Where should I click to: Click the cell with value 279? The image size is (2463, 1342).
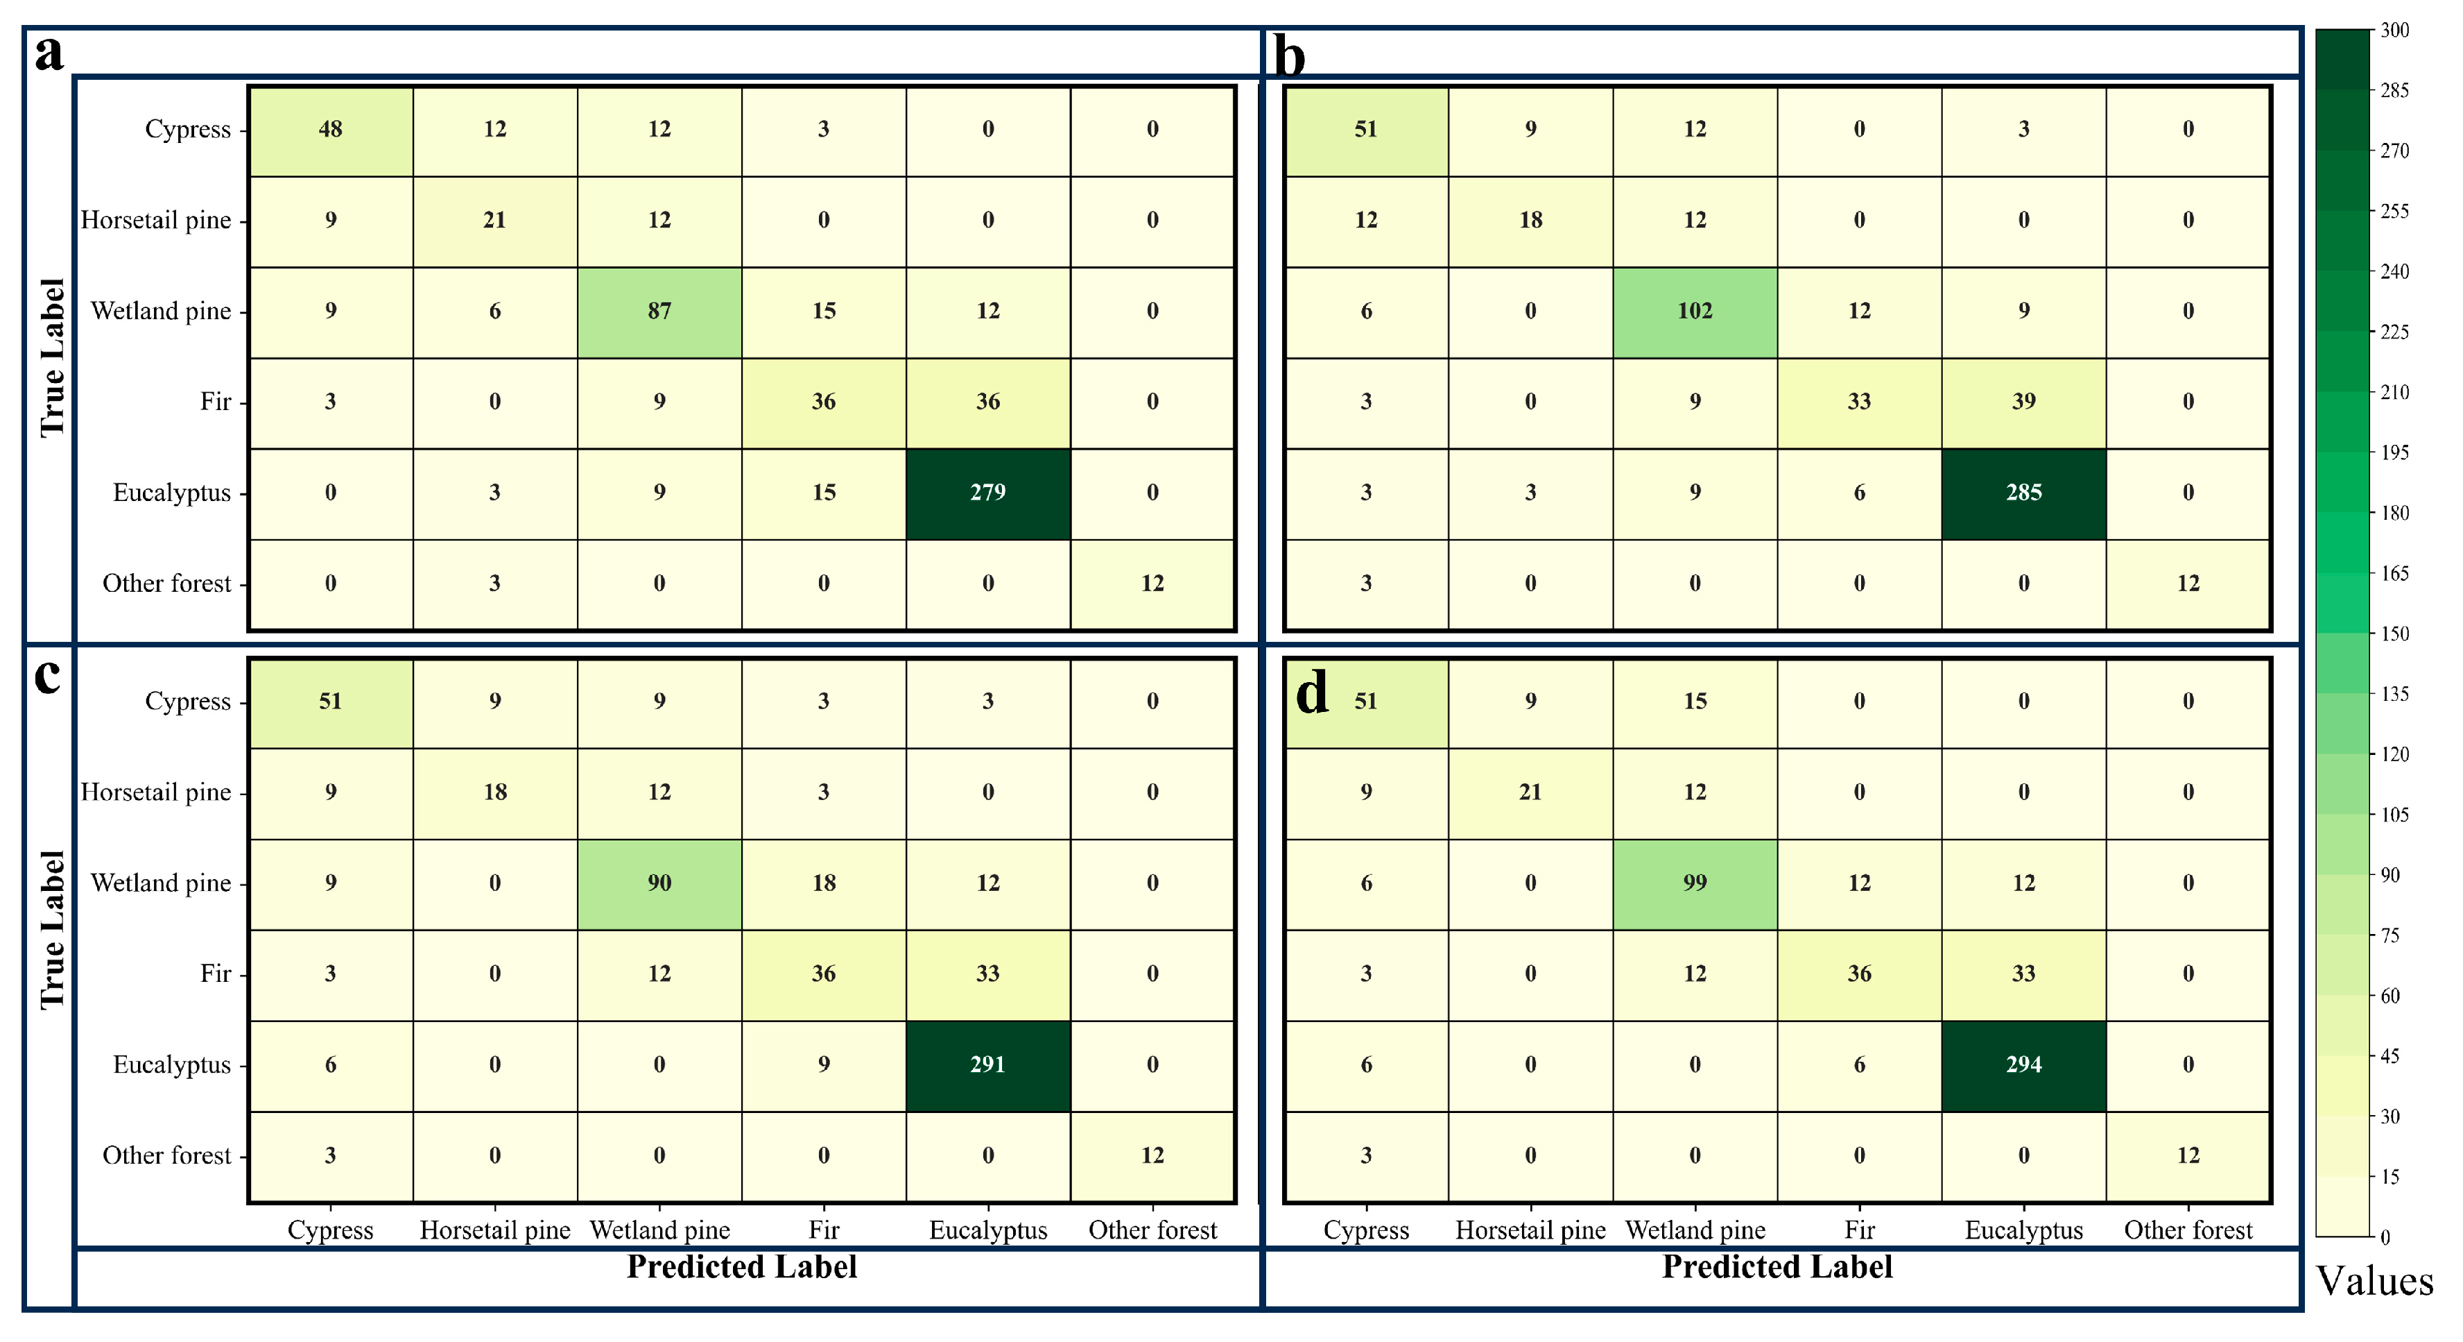click(x=987, y=493)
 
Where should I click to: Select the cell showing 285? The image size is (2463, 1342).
click(x=2023, y=493)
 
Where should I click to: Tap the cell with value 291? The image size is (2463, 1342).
click(x=987, y=1064)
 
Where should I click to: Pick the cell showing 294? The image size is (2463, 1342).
click(x=2023, y=1064)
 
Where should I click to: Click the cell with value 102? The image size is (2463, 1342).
click(x=1694, y=311)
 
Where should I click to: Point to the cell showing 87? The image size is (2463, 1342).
click(x=659, y=311)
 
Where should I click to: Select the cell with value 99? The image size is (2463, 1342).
click(x=1694, y=883)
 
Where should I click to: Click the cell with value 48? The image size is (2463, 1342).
click(x=330, y=129)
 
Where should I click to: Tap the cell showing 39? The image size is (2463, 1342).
click(x=2023, y=402)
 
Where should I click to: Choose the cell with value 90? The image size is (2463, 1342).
click(x=659, y=883)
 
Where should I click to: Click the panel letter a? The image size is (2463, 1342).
click(x=49, y=53)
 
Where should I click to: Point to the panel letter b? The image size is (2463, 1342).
click(x=1289, y=58)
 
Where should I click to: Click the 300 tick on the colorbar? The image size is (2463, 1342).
click(x=2394, y=31)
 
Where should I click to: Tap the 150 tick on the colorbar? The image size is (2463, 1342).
click(x=2394, y=634)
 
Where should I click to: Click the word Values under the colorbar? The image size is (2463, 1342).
click(x=2374, y=1281)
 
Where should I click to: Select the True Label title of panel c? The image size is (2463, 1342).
click(x=53, y=930)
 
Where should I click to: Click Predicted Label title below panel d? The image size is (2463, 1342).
click(x=1777, y=1266)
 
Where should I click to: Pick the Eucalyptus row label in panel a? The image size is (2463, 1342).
click(x=172, y=493)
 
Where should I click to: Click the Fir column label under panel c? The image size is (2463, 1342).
click(x=823, y=1230)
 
